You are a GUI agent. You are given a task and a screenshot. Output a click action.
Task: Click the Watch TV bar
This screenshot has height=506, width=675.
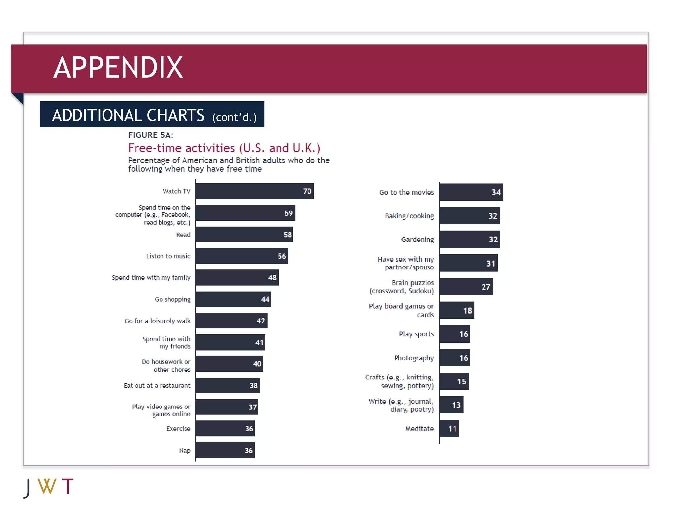(254, 191)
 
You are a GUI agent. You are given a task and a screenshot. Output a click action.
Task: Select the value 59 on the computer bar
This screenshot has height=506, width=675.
(288, 213)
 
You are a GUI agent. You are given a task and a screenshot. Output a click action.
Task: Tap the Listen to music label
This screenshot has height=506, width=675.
(168, 256)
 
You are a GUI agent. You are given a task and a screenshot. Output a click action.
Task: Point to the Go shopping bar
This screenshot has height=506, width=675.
(233, 299)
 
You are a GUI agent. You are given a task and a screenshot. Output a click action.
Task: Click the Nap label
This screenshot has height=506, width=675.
(185, 450)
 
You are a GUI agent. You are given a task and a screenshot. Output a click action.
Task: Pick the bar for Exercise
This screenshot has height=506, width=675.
(225, 428)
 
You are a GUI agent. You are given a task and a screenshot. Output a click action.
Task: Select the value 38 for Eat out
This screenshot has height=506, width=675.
(253, 385)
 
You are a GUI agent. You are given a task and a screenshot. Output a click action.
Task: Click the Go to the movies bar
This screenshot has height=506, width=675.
(471, 192)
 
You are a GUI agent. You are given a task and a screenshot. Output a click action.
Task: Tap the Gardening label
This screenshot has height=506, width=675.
(417, 239)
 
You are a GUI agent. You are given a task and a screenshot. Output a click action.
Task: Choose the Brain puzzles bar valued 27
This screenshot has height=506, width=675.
(466, 287)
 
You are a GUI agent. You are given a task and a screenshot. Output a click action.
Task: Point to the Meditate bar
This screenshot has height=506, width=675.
(449, 428)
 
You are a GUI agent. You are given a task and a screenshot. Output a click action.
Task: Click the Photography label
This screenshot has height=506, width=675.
(414, 358)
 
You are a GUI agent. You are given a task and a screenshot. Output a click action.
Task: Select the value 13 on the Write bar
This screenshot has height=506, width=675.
(456, 405)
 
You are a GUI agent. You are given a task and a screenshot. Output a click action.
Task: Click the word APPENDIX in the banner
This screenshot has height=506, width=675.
(118, 68)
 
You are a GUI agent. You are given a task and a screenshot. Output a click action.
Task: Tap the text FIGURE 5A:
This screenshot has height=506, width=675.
(150, 135)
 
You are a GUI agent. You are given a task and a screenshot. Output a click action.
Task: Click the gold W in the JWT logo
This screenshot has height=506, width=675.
(47, 486)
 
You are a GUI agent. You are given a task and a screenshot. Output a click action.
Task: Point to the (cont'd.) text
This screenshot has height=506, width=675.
(234, 117)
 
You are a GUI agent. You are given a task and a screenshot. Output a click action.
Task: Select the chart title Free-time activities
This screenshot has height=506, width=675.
(224, 148)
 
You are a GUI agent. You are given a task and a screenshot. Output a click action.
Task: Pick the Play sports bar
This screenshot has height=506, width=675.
(455, 334)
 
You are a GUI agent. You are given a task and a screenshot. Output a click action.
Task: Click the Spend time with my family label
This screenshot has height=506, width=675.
(151, 277)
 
